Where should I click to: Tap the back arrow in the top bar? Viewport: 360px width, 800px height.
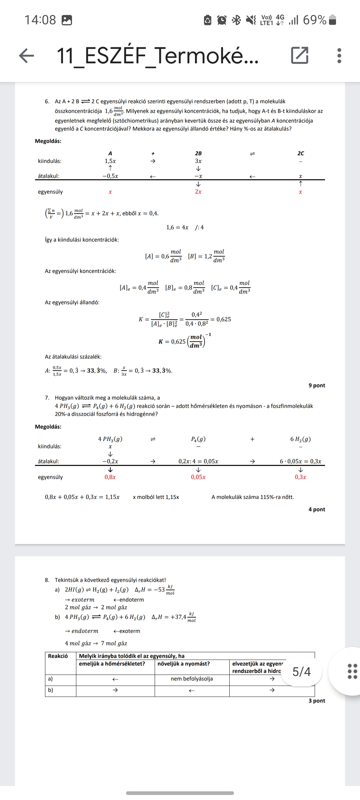click(27, 56)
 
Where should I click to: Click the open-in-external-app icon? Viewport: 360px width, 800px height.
click(300, 56)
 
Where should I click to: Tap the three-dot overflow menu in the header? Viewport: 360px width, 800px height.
click(339, 56)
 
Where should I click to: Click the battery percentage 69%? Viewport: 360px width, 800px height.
click(315, 20)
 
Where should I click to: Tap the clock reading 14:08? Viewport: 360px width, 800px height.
click(40, 20)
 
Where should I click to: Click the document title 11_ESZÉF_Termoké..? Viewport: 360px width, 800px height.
click(157, 56)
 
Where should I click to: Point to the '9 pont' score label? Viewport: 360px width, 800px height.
click(317, 385)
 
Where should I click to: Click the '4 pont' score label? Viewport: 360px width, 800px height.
click(317, 509)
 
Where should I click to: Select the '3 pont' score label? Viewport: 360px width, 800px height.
click(317, 701)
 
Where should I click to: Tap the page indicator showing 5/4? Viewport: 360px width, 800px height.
click(301, 671)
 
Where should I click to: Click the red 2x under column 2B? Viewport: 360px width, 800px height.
click(198, 192)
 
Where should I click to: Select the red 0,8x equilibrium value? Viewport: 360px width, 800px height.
click(110, 477)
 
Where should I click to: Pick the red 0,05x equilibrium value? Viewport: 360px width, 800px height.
click(198, 477)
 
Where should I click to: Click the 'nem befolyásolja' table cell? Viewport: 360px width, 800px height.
click(192, 679)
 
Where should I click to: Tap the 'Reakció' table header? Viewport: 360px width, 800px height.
click(58, 656)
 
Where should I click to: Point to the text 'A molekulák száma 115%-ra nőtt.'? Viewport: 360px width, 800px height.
click(253, 497)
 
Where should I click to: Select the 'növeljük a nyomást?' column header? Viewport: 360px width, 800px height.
click(184, 664)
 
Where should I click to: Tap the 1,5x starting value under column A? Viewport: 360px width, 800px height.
click(110, 161)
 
